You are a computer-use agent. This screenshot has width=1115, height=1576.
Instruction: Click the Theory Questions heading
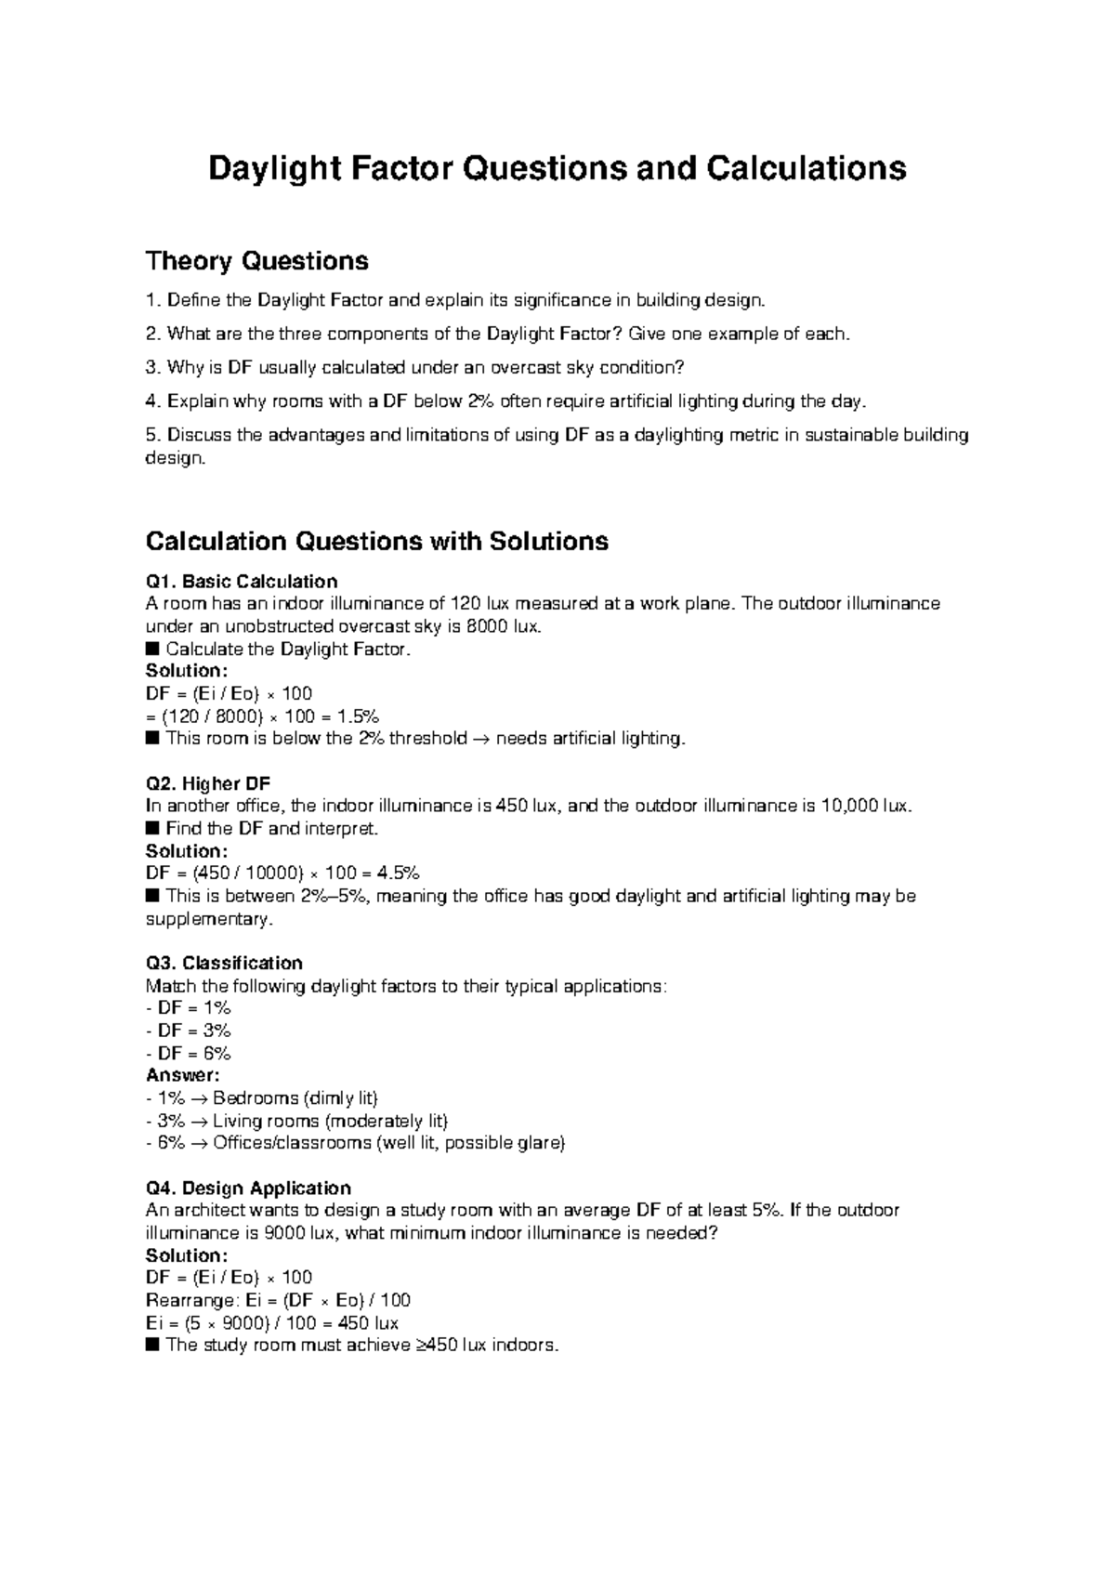257,261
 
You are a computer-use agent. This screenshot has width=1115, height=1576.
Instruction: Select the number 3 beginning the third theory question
151,367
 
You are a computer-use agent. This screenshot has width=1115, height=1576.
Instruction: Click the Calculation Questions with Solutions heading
377,541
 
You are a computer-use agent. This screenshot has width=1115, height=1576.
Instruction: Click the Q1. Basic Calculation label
242,582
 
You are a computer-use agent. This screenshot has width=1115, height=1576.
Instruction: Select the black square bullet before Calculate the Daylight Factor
153,650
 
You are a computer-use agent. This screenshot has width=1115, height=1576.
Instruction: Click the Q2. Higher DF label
208,783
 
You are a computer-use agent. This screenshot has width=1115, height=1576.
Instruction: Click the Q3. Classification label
224,963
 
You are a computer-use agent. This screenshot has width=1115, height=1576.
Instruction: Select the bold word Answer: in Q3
183,1075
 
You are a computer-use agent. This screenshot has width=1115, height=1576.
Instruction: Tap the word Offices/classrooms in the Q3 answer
292,1143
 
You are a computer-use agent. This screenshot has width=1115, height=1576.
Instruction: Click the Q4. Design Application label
248,1189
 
